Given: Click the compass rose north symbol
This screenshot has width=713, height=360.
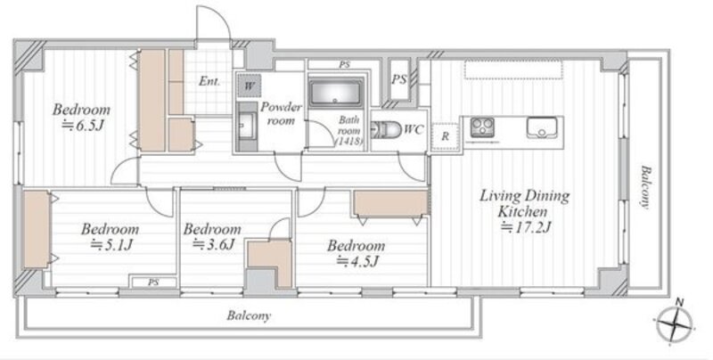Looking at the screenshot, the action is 676,323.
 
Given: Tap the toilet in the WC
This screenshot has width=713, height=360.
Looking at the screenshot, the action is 386,130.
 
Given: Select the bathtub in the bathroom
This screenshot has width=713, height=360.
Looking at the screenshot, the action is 336,93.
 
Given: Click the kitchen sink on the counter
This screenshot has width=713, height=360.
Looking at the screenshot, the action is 542,127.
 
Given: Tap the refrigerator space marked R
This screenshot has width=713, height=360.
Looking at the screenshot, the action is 445,137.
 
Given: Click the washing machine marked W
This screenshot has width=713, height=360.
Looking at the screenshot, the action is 250,86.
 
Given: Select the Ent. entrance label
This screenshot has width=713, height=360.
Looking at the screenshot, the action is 209,82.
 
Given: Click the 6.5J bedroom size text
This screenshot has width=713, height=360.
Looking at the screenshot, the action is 83,126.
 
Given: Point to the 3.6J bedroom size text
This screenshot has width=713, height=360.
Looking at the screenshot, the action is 214,244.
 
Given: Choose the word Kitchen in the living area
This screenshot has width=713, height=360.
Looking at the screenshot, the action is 522,211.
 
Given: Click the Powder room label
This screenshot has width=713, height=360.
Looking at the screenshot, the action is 281,114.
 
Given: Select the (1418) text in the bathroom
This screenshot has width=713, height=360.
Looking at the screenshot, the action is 348,142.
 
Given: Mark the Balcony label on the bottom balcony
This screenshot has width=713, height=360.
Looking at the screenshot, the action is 249,315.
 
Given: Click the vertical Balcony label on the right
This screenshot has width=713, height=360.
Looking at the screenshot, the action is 644,187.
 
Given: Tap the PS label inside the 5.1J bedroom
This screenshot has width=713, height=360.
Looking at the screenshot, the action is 153,282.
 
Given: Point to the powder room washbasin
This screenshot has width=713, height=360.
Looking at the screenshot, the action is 248,126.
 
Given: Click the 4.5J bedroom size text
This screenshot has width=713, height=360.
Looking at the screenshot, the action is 357,261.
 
